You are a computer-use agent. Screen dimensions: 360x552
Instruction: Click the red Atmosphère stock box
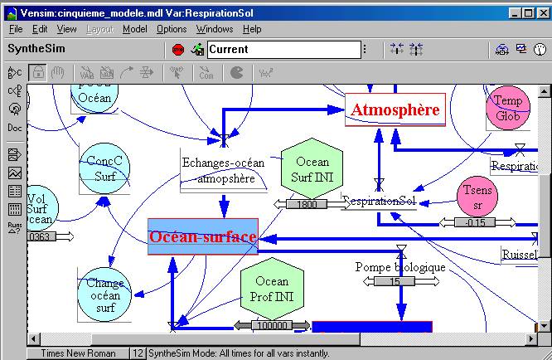click(x=395, y=109)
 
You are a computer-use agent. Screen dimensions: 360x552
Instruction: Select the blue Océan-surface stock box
click(x=203, y=236)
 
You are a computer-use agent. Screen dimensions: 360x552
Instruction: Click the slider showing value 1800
click(x=307, y=204)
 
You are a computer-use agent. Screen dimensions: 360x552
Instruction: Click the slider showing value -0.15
click(x=475, y=222)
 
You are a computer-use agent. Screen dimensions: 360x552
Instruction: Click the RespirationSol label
click(x=379, y=202)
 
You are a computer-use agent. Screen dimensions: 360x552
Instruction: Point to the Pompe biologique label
click(x=400, y=267)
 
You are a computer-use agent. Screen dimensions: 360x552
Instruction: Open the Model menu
click(x=134, y=29)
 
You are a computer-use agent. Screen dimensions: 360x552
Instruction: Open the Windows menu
click(x=215, y=29)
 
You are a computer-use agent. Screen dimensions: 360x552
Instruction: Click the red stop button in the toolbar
click(x=178, y=49)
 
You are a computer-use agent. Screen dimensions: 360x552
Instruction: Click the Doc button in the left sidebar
click(x=15, y=128)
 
